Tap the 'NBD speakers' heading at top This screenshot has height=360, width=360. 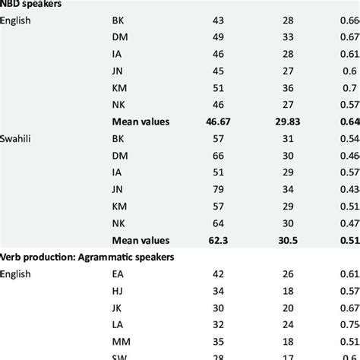32,4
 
